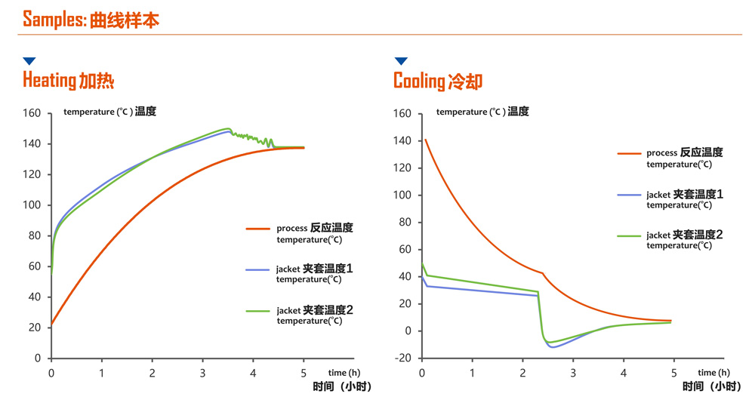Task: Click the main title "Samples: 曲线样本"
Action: click(x=91, y=20)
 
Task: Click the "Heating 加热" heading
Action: click(x=68, y=79)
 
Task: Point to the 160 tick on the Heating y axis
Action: click(x=32, y=113)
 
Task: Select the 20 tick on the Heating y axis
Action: click(x=35, y=328)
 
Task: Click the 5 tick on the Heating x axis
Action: click(x=304, y=373)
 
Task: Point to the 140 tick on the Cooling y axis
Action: click(x=402, y=141)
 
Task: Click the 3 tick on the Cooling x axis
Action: click(x=573, y=373)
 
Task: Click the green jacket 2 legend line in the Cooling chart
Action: click(x=629, y=235)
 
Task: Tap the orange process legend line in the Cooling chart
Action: click(x=629, y=153)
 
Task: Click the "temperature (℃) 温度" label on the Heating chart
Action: click(x=109, y=112)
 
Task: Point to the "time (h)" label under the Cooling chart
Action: click(x=713, y=373)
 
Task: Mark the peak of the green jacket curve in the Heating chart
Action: click(x=227, y=128)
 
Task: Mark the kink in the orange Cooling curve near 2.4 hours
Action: click(x=543, y=273)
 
